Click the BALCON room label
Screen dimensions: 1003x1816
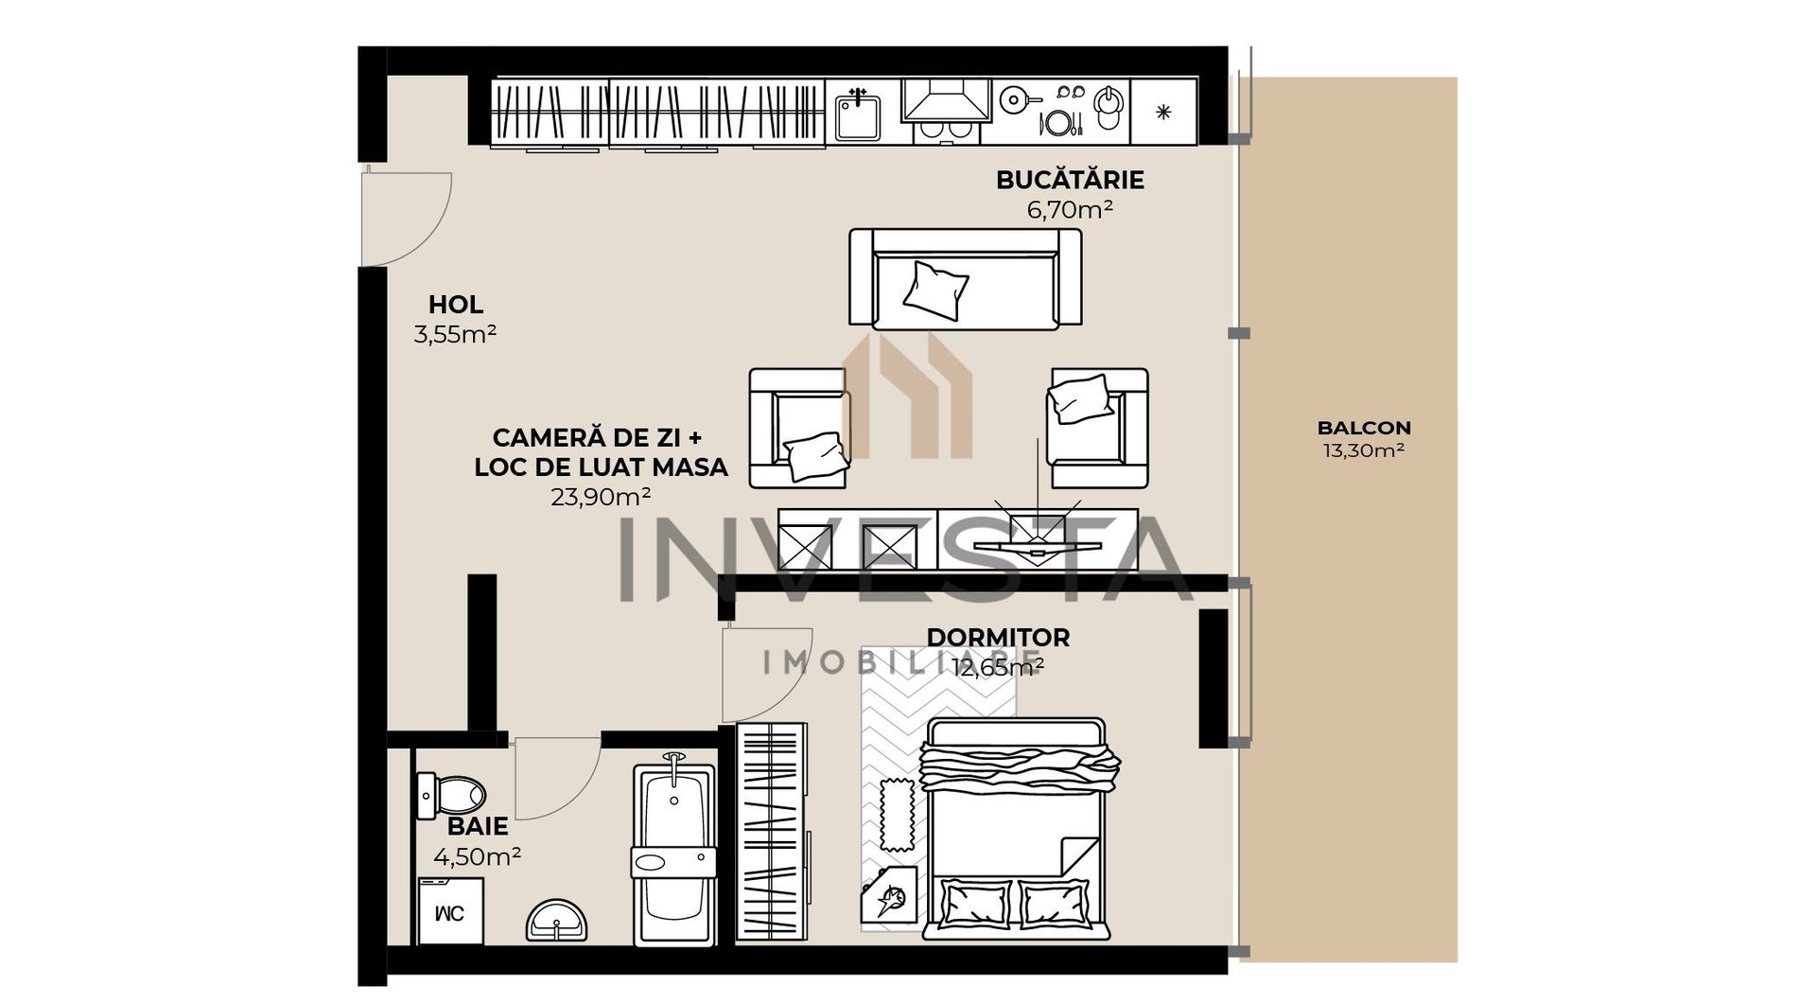pos(1363,428)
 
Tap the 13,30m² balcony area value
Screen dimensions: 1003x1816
pos(1363,450)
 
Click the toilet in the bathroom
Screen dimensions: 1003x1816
pos(451,795)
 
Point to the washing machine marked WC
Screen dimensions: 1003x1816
pos(451,911)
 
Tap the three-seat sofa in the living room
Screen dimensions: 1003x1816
pos(965,280)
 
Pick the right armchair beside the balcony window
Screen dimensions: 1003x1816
pos(1098,428)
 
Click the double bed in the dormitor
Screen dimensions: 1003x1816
pos(1017,829)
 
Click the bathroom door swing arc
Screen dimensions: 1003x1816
pos(553,781)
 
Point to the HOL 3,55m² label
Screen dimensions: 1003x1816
pos(455,319)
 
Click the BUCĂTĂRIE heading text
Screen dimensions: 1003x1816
pos(1070,180)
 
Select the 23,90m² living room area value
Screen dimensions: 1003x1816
pos(601,497)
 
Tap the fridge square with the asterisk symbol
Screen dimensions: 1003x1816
pos(1163,112)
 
